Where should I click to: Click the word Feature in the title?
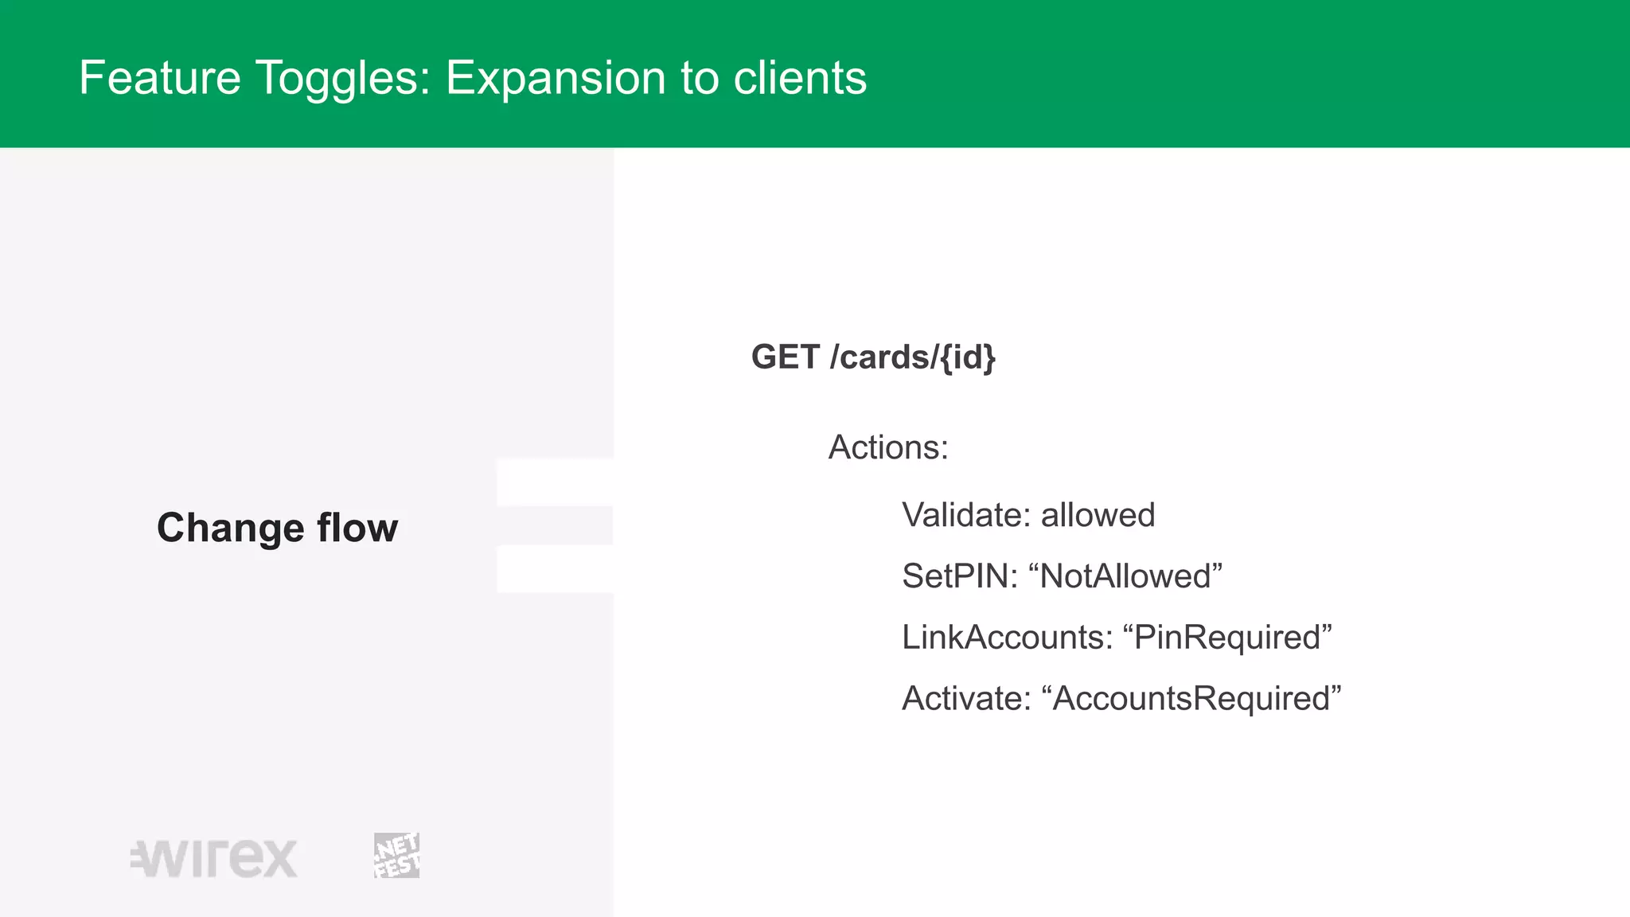159,78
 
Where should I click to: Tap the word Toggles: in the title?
343,78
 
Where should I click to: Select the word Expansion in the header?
555,78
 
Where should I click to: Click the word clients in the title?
800,78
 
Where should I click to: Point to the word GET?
785,357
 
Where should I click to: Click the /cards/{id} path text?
912,357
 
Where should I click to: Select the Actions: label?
888,447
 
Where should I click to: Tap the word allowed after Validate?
1098,515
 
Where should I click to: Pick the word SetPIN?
959,576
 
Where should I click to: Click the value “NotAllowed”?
1125,576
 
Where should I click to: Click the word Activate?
966,699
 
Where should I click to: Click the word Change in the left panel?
230,528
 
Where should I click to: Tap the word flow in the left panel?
357,528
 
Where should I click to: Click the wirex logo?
214,858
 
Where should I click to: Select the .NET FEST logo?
396,856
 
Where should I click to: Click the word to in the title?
699,78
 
